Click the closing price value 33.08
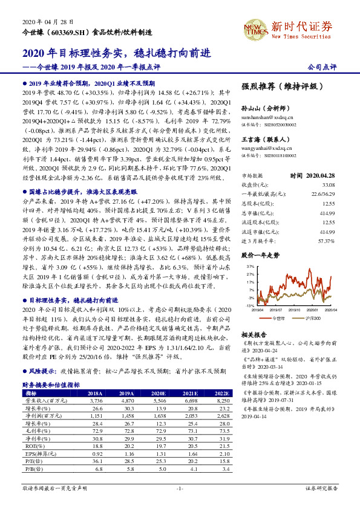coord(327,184)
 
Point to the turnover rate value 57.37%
coord(326,224)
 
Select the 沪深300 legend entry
coord(315,316)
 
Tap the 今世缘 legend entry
coord(278,316)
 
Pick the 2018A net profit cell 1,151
coord(96,415)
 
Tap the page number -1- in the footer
coord(180,488)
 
